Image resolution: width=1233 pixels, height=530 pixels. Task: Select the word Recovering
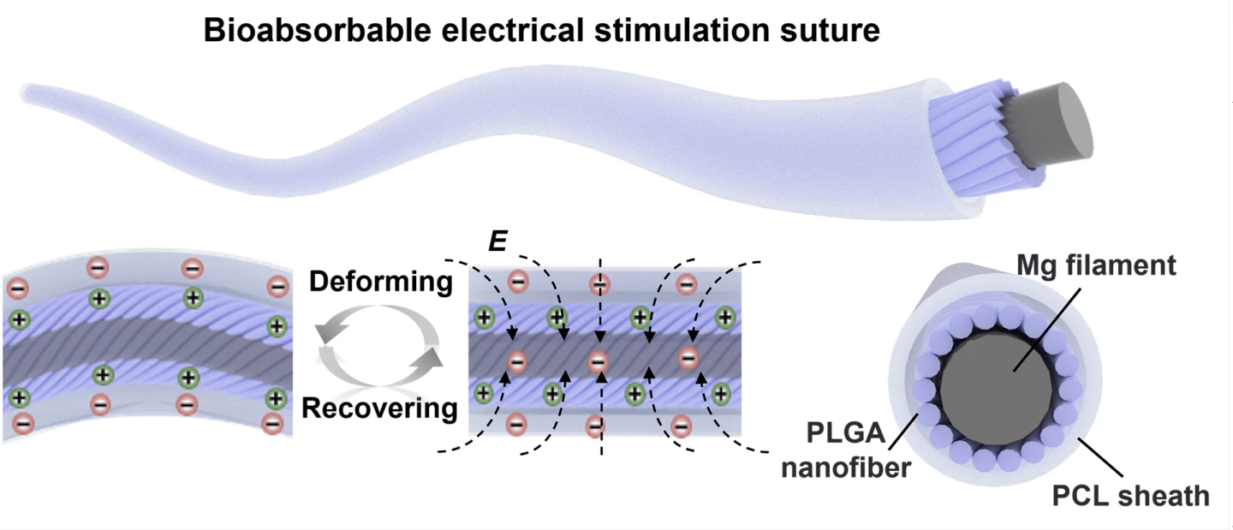379,408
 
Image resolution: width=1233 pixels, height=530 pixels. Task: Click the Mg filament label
1095,265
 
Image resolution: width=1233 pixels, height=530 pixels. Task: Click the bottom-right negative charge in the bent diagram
273,421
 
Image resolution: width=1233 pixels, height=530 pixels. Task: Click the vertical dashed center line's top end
599,259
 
